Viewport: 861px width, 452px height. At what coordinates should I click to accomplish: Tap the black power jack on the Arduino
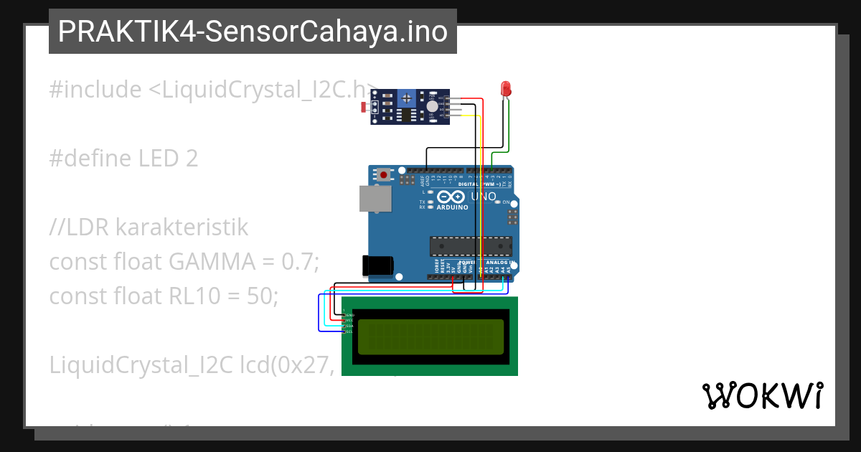click(378, 265)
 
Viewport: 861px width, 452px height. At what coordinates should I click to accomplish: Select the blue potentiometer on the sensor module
click(407, 98)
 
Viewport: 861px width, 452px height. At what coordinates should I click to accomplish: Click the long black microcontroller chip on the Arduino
click(471, 246)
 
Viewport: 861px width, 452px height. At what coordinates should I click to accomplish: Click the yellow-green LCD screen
click(430, 336)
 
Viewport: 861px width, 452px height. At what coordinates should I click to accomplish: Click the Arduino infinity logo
click(451, 196)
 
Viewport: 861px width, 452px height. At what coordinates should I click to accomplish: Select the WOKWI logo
click(763, 395)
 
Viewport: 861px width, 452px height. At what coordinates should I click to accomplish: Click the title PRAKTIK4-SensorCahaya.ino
click(253, 32)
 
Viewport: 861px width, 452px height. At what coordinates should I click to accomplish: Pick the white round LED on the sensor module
click(431, 106)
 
